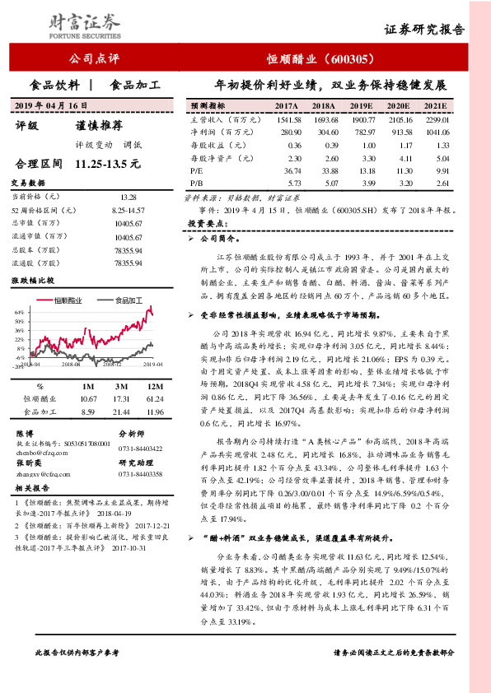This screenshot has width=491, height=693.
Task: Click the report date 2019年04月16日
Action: click(x=50, y=106)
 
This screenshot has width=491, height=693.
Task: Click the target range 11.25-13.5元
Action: click(x=108, y=164)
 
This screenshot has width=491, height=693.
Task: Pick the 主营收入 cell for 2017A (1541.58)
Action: click(x=285, y=120)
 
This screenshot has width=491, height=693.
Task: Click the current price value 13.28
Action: click(x=129, y=198)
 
